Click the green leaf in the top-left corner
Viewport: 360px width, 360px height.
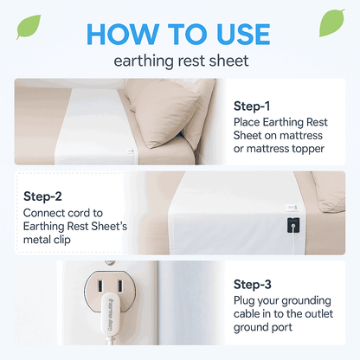tap(29, 27)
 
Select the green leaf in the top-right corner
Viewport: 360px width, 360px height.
tap(332, 23)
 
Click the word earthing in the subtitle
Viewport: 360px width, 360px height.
tap(143, 61)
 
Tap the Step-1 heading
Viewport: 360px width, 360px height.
tap(252, 106)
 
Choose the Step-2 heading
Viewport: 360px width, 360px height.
tap(42, 196)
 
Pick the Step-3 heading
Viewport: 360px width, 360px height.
tap(253, 285)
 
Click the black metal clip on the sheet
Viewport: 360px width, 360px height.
tap(293, 225)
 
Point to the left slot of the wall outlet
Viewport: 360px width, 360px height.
tap(100, 286)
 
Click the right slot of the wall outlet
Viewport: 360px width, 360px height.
tap(119, 286)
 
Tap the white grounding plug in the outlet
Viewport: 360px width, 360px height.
tap(110, 314)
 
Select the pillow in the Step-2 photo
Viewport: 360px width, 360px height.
tap(329, 192)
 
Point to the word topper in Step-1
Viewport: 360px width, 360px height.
tap(308, 149)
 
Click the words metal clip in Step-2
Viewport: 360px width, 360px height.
tap(47, 240)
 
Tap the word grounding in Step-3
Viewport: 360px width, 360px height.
tap(306, 301)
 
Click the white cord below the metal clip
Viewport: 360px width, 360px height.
tap(292, 241)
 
